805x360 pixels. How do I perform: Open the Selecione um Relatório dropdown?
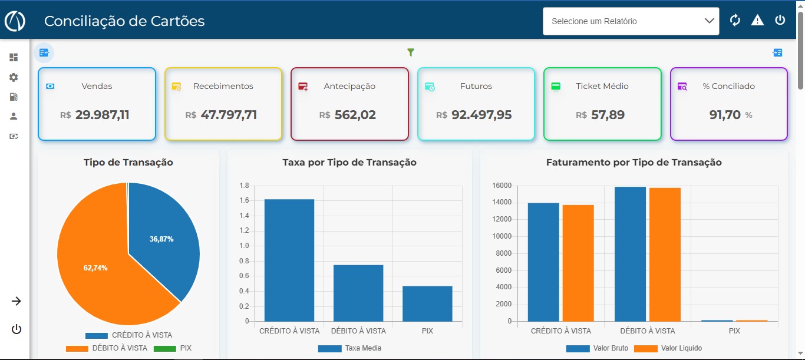631,21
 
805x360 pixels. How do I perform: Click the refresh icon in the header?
735,20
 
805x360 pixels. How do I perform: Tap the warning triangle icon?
757,20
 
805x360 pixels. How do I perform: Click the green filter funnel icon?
411,52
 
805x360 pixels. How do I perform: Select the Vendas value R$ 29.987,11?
95,115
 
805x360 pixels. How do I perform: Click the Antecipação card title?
349,86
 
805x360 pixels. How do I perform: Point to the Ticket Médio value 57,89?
608,115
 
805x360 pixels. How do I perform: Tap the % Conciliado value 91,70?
725,115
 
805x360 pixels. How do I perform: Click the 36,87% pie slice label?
161,239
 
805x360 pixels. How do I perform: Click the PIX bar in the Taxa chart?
427,303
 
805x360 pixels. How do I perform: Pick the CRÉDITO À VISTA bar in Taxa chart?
289,260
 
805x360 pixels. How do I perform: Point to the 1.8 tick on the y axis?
244,186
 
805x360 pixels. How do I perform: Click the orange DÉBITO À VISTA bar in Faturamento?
665,255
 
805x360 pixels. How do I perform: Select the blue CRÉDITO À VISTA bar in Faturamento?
543,262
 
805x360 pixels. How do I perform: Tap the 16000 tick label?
502,186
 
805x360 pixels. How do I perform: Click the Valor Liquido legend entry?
668,348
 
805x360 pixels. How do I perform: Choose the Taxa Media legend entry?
349,348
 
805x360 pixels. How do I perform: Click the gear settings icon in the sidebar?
14,77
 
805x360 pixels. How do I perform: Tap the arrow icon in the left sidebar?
16,301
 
